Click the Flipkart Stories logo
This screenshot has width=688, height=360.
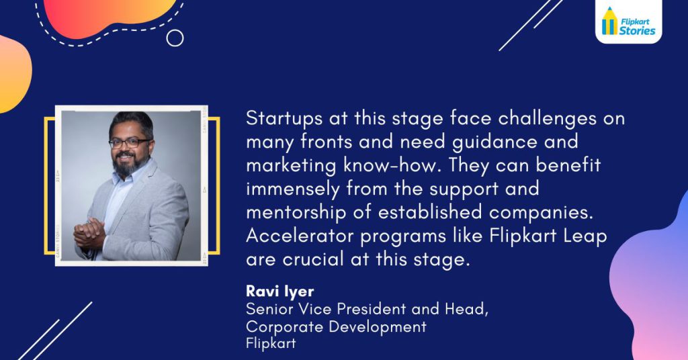click(x=628, y=21)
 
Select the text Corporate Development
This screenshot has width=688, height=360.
click(x=336, y=326)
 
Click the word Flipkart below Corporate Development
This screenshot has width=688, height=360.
click(x=270, y=343)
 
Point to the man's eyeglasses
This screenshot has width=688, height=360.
click(x=129, y=142)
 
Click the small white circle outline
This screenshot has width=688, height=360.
click(x=175, y=38)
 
